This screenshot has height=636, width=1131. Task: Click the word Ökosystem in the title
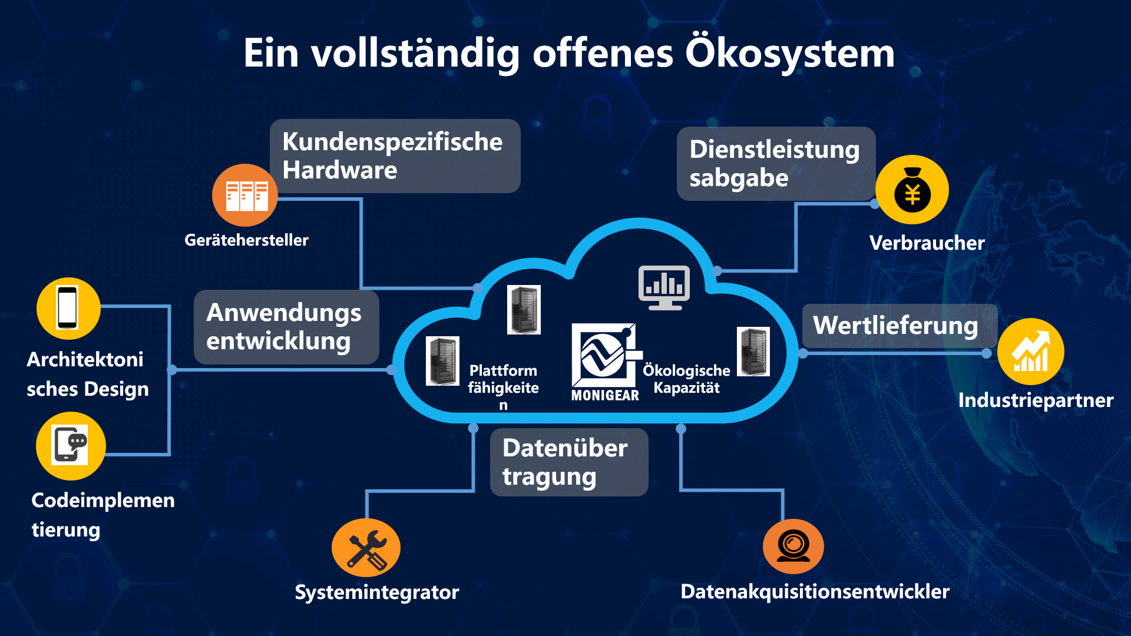pos(789,53)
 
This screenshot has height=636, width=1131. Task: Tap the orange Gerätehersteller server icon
pos(245,196)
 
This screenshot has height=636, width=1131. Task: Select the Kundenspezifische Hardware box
pos(395,156)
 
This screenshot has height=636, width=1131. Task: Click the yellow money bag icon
pos(912,190)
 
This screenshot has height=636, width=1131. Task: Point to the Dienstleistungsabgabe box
pos(775,164)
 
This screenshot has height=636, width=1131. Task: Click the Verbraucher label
pos(927,243)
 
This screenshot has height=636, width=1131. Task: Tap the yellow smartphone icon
pos(68,308)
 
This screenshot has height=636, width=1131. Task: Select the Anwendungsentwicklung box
pos(286,327)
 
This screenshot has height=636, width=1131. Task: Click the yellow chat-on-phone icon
pos(71,446)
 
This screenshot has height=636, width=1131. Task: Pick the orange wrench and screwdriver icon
pos(366,548)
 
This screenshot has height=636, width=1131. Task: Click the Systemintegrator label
pos(376,592)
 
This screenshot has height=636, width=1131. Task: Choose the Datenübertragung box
pos(568,462)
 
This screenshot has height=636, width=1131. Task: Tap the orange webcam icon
pos(793,546)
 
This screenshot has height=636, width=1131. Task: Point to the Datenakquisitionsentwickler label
pos(815,591)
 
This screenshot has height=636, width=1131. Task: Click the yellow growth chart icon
pos(1031,352)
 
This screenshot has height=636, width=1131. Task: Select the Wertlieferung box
pos(898,326)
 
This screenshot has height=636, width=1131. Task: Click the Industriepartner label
pos(1036,400)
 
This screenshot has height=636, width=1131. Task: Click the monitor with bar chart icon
pos(664,287)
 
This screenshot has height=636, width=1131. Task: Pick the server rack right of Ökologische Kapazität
pos(753,352)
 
